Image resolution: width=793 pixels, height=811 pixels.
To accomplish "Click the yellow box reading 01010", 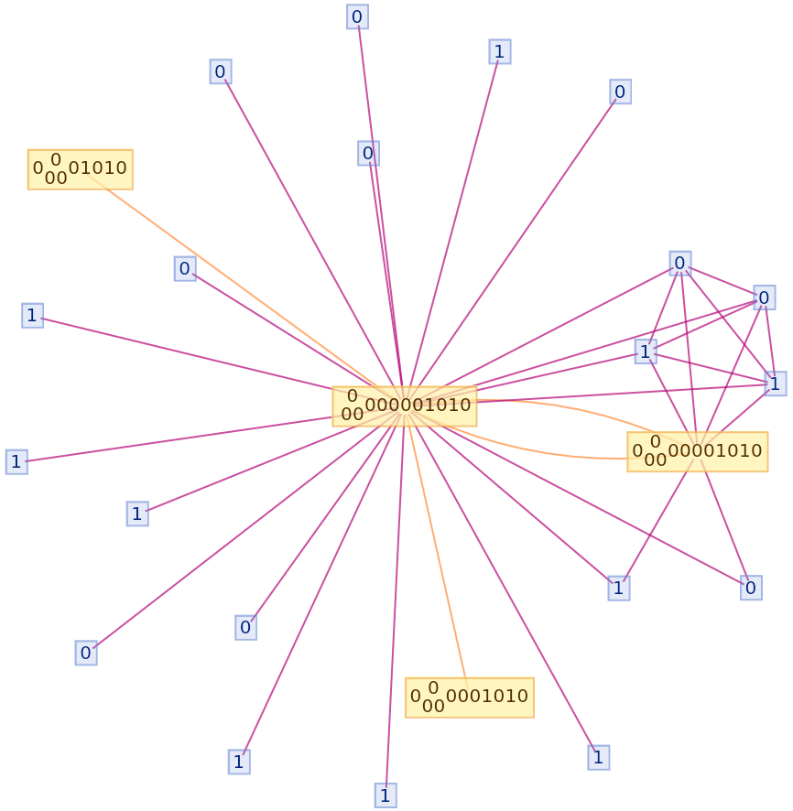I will click(80, 169).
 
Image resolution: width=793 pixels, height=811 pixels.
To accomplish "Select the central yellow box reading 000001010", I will click(404, 405).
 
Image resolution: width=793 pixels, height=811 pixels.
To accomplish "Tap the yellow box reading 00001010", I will click(697, 451).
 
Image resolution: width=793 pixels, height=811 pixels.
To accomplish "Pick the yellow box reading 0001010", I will click(469, 697).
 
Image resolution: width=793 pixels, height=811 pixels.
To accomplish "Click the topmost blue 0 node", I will click(357, 16).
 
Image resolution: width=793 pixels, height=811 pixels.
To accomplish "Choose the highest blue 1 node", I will click(499, 51).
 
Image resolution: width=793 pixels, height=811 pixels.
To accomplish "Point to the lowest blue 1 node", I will click(385, 795).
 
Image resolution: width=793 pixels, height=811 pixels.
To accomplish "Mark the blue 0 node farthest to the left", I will click(86, 653).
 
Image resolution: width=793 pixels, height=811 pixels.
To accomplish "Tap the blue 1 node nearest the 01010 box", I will click(32, 315).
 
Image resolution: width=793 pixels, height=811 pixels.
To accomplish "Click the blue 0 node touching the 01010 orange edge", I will click(185, 268).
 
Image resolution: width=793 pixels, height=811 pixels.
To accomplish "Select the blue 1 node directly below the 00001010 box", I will click(618, 588).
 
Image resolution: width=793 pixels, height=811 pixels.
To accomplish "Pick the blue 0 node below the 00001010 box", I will click(751, 588).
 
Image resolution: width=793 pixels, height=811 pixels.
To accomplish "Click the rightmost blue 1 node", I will click(775, 383).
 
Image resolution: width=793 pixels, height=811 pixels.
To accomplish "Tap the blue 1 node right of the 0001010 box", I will click(598, 757).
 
